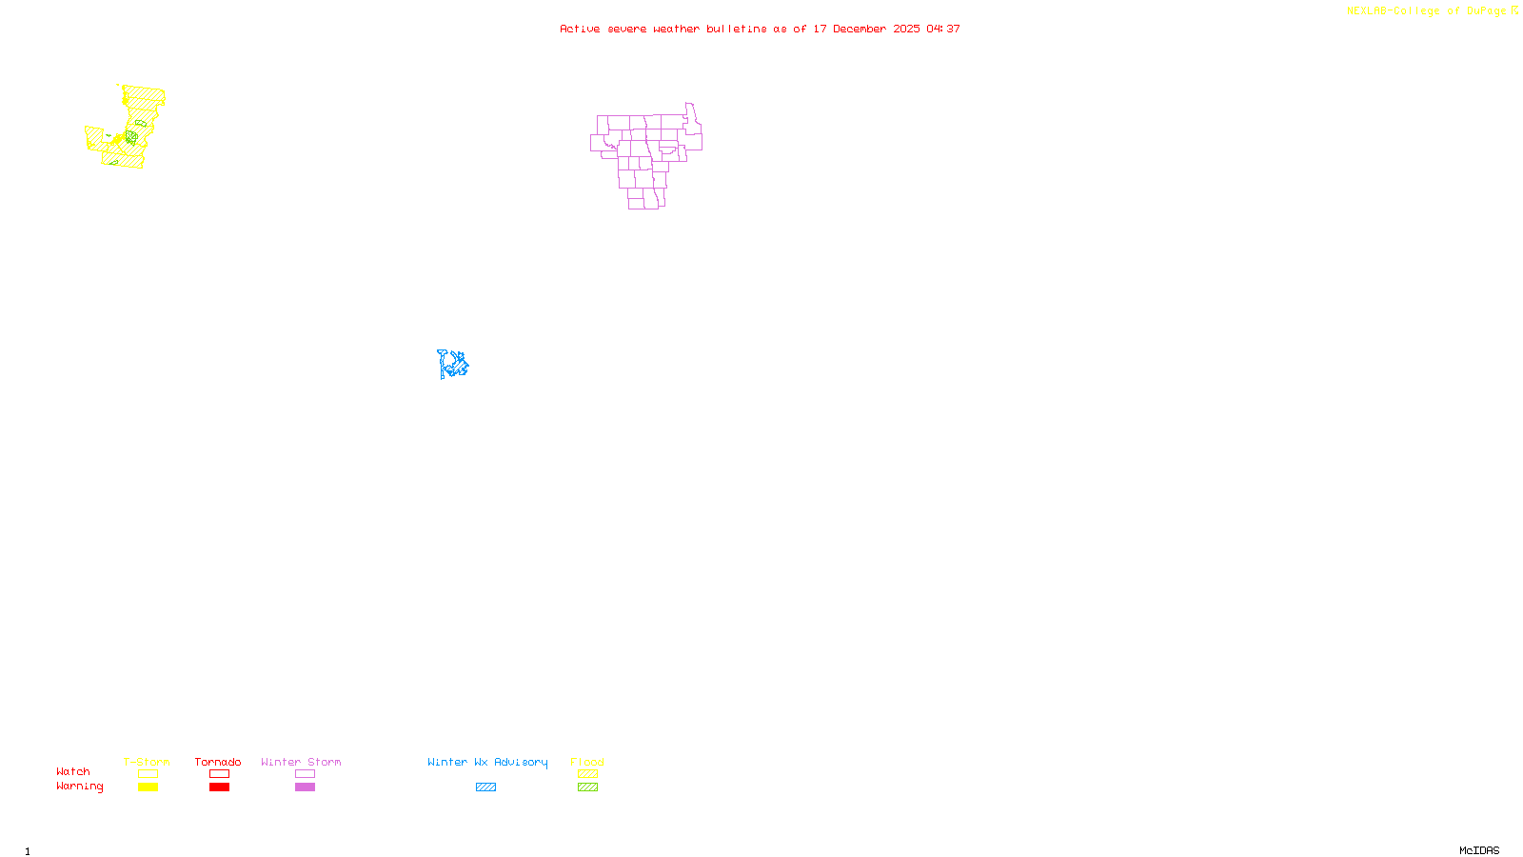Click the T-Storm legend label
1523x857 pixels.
point(147,762)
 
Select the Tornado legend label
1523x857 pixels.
point(218,762)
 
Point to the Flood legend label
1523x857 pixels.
point(587,762)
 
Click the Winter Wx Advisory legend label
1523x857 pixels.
point(487,762)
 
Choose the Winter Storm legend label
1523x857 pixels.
point(301,762)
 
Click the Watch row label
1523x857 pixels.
point(73,771)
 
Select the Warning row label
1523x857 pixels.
point(80,787)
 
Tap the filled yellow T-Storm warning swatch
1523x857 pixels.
point(148,787)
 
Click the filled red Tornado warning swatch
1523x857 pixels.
point(219,787)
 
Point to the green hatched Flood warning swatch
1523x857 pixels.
point(587,787)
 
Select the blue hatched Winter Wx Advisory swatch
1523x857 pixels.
point(485,787)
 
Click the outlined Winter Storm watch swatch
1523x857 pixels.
point(305,774)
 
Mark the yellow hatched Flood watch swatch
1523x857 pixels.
point(587,774)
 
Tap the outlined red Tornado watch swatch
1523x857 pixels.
point(219,774)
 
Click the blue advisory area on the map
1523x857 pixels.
point(453,364)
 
